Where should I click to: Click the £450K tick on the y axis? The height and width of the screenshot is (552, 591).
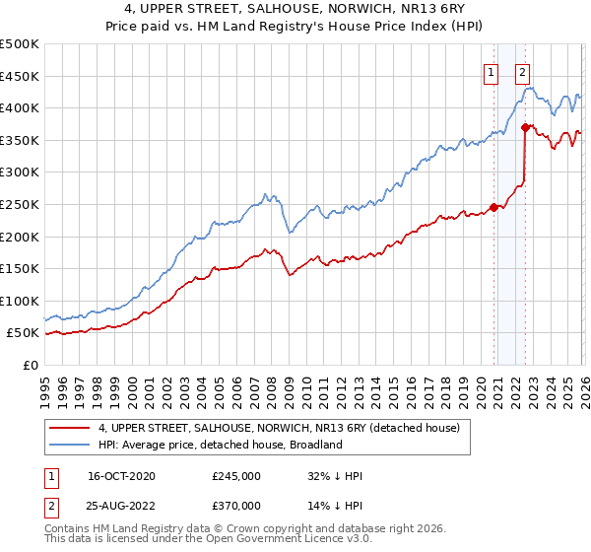pyautogui.click(x=20, y=76)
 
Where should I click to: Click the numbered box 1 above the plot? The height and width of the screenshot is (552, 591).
pyautogui.click(x=491, y=70)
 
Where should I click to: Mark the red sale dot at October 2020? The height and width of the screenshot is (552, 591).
pyautogui.click(x=493, y=207)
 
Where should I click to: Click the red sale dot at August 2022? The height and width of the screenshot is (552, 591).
pyautogui.click(x=525, y=127)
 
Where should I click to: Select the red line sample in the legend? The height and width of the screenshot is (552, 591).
pyautogui.click(x=71, y=428)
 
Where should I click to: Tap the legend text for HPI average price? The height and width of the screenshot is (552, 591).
pyautogui.click(x=220, y=445)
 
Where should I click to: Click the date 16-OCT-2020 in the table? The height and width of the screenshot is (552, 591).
pyautogui.click(x=121, y=476)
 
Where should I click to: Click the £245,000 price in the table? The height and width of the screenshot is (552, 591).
pyautogui.click(x=236, y=476)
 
